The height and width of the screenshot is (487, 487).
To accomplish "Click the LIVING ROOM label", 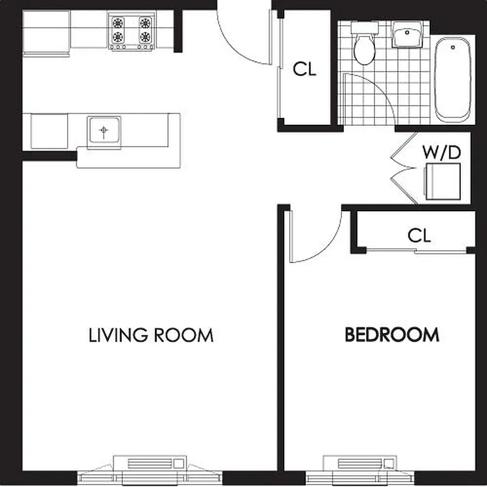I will click(x=151, y=335).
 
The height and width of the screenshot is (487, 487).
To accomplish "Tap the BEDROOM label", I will click(x=392, y=334).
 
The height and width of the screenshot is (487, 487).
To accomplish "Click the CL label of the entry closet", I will click(x=304, y=69).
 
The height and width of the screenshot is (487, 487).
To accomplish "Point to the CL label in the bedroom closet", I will click(x=419, y=235).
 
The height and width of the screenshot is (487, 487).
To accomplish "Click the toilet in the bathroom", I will click(x=365, y=46).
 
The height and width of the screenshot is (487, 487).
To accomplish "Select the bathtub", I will click(x=454, y=79).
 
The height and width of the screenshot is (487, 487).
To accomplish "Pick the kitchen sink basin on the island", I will click(x=104, y=130).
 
